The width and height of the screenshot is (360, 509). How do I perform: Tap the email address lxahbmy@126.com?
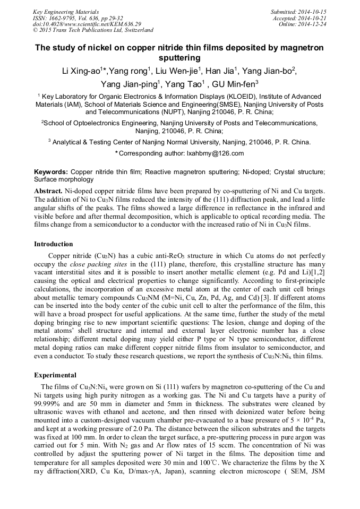[219, 153]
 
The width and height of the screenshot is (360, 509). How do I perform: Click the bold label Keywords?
[51, 172]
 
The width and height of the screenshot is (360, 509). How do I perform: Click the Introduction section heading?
[54, 244]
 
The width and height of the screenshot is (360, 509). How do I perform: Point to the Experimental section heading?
[55, 375]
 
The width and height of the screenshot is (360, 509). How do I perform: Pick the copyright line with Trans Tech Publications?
[93, 30]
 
